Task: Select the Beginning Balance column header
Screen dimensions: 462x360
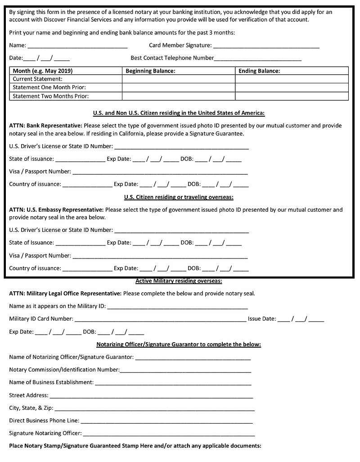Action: [150, 71]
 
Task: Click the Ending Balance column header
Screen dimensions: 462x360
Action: [259, 71]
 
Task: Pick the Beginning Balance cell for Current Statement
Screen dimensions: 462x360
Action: [179, 79]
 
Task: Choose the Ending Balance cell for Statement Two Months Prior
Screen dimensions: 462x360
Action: [292, 96]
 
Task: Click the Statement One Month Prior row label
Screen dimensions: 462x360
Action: [49, 87]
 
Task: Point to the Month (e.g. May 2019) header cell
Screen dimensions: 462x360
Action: [43, 71]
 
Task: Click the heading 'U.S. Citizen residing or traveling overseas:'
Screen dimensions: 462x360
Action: [179, 197]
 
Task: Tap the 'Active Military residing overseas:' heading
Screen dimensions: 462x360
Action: [179, 281]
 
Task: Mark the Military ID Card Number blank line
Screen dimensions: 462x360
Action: [160, 320]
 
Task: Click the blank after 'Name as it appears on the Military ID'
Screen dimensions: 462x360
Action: [177, 308]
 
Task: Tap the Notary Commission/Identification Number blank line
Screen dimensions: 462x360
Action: [185, 371]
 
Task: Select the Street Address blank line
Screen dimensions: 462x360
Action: [151, 397]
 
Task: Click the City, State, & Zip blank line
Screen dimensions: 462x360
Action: [154, 409]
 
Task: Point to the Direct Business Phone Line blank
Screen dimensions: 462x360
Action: [166, 422]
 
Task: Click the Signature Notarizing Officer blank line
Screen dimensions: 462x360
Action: [169, 435]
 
